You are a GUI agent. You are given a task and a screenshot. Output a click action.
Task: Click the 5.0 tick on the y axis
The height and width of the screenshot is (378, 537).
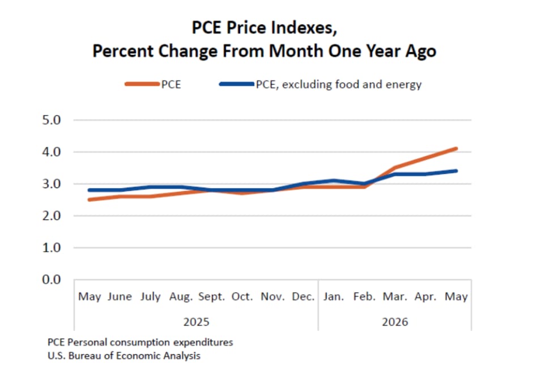tap(52, 120)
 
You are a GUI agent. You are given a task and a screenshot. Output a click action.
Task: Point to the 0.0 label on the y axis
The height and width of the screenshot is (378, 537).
tap(52, 279)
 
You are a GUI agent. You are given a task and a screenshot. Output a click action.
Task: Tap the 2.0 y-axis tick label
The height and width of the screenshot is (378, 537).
tap(52, 216)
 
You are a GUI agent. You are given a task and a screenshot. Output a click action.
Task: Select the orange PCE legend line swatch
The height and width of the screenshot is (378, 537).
tap(142, 84)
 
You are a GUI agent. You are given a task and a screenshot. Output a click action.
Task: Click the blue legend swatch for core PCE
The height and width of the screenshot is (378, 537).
tap(237, 84)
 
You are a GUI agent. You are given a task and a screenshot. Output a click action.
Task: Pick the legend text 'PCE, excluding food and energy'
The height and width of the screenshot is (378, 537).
tap(339, 84)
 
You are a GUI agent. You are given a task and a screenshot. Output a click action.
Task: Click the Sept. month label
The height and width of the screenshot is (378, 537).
tap(212, 296)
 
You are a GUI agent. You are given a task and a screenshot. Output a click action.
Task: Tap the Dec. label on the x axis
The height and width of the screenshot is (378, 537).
tap(303, 296)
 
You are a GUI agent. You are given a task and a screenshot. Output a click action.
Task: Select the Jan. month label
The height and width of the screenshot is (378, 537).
tap(334, 296)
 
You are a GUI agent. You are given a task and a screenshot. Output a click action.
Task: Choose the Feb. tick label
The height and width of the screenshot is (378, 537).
tap(364, 296)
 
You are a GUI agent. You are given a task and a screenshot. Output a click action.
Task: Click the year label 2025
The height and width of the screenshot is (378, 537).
tap(196, 322)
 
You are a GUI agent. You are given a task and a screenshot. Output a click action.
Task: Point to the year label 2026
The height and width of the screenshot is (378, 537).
tap(395, 322)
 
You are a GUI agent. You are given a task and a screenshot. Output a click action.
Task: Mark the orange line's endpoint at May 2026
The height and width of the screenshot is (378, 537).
tap(456, 148)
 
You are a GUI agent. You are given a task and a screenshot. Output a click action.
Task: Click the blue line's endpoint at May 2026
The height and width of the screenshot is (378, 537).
tap(456, 171)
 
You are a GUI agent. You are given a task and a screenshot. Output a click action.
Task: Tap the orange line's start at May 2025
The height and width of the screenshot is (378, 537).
tap(89, 199)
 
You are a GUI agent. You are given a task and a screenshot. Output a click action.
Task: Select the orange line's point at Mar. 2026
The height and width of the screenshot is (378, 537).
tap(395, 168)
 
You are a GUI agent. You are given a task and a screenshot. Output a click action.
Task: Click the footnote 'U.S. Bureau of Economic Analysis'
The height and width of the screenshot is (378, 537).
tap(124, 356)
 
